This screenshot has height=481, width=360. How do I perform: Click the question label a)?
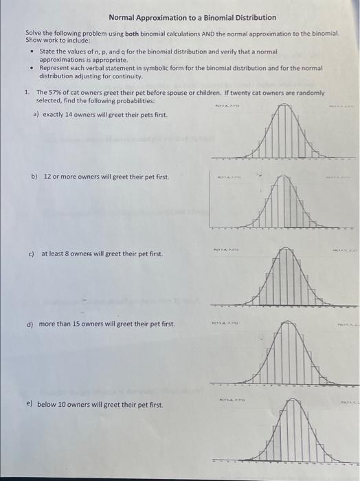tap(36, 114)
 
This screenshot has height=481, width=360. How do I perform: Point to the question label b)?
tap(34, 177)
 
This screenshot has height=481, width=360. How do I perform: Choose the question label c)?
tap(32, 254)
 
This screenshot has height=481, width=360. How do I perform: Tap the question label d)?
tap(30, 324)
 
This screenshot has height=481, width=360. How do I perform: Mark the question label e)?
tap(30, 405)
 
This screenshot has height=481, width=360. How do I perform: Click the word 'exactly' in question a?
tap(53, 114)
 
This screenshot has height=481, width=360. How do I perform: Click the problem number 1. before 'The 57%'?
tap(26, 92)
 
